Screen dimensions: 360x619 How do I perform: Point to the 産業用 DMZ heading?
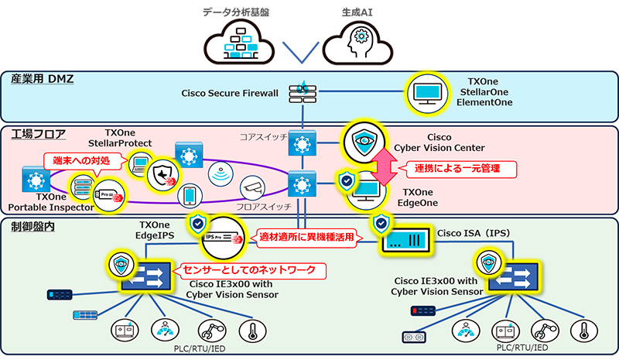43,79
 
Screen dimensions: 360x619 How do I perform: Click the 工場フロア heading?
39,135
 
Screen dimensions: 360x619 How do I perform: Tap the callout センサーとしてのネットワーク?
251,271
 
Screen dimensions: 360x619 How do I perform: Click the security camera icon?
251,187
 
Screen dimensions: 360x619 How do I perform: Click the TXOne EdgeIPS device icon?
219,239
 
